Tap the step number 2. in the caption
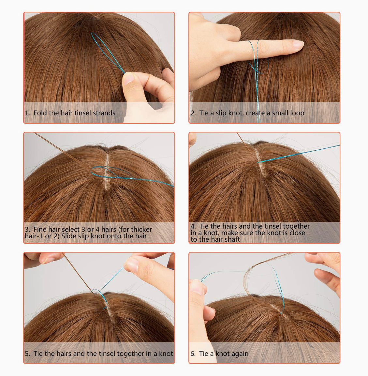[193, 113]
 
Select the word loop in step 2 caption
[297, 113]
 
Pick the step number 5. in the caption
[27, 353]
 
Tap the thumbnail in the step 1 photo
[128, 78]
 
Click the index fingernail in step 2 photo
[298, 44]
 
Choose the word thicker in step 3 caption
[141, 229]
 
